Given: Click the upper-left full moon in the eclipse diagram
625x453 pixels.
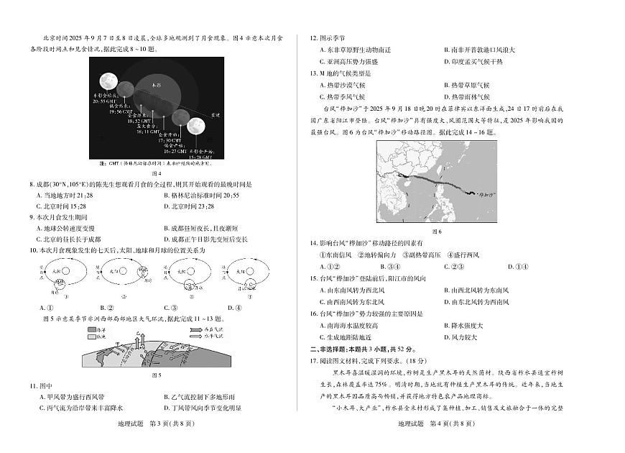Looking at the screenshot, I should click(x=108, y=79).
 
